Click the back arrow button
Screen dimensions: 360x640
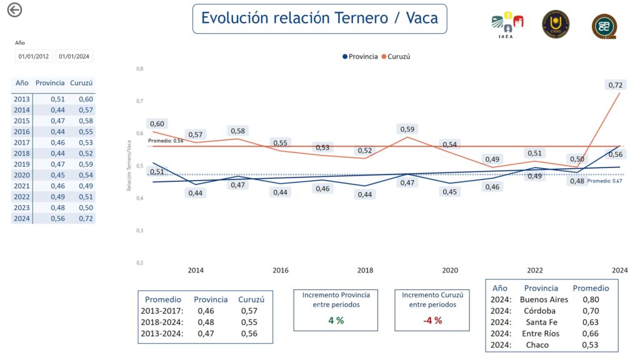click(x=14, y=10)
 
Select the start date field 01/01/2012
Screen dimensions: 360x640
click(x=34, y=56)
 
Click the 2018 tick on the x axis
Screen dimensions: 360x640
click(x=365, y=271)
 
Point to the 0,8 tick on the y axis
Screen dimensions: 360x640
click(x=139, y=68)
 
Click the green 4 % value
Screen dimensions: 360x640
click(x=336, y=321)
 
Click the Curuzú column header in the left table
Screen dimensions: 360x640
click(x=82, y=82)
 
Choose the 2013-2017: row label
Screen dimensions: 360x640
click(x=164, y=310)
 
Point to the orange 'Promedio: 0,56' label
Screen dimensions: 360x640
click(x=166, y=141)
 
